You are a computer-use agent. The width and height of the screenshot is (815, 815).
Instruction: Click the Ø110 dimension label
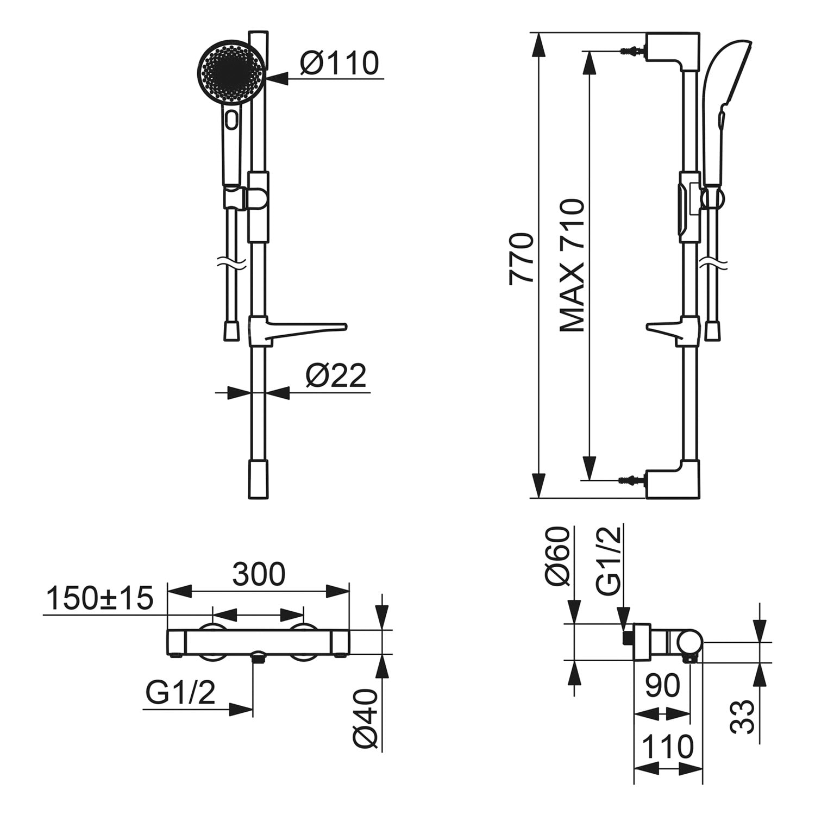tap(339, 63)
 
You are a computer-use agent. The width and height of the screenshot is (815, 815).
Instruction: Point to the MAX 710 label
tap(572, 265)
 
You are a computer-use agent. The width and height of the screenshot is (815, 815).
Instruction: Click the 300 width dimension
tap(259, 574)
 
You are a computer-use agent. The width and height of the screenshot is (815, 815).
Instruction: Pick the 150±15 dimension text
tap(100, 598)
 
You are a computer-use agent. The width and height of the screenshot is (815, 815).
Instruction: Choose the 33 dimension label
tap(743, 717)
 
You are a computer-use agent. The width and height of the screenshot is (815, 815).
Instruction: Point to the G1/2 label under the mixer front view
tap(180, 693)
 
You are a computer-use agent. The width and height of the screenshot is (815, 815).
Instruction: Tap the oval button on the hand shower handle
tap(233, 119)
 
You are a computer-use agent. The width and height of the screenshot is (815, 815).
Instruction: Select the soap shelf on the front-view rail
tap(298, 330)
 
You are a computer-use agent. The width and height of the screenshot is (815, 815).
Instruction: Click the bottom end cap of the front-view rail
tap(258, 479)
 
